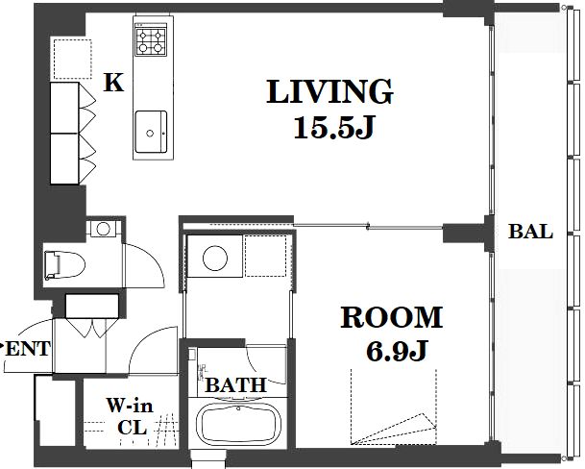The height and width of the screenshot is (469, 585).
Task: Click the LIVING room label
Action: [x=329, y=91]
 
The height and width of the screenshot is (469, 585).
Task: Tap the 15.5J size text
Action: [x=333, y=128]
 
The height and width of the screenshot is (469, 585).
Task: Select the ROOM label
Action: [x=392, y=318]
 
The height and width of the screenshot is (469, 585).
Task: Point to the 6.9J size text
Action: [x=396, y=351]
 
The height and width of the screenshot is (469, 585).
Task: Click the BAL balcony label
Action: [x=530, y=232]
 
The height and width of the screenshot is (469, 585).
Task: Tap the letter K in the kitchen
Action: [x=113, y=83]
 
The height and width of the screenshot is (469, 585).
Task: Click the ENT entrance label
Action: [x=29, y=349]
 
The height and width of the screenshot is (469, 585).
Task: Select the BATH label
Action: [x=236, y=385]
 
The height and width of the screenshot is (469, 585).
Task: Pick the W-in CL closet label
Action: [x=131, y=416]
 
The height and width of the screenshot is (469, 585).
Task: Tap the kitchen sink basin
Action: [x=151, y=132]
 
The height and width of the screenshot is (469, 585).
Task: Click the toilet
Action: [x=64, y=265]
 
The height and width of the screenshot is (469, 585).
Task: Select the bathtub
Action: [x=239, y=424]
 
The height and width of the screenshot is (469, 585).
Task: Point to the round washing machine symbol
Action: [x=215, y=258]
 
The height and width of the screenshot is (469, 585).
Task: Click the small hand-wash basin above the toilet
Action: [x=104, y=229]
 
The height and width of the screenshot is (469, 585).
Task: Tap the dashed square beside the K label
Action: [x=72, y=59]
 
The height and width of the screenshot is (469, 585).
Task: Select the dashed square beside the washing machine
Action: [x=266, y=257]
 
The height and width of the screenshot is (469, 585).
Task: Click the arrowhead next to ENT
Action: [x=3, y=344]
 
